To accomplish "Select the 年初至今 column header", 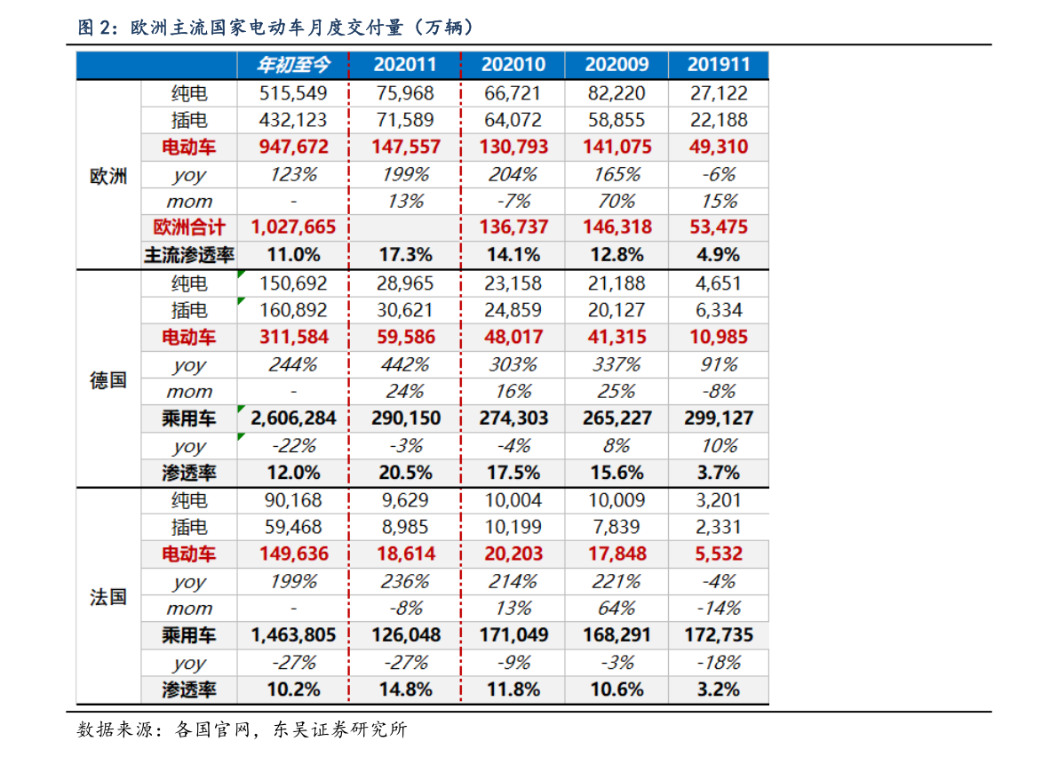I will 293,65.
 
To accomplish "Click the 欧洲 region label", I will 108,176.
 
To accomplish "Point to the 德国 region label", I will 108,380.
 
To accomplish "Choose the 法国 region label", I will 108,597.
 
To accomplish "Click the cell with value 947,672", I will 293,147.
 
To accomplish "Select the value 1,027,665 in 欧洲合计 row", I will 293,227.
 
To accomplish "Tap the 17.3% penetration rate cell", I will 405,255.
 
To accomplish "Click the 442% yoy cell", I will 405,364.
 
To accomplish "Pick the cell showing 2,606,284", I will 293,418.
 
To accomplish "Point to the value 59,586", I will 405,338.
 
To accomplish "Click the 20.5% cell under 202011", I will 405,473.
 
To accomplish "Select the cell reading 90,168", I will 293,500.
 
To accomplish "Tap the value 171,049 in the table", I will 513,635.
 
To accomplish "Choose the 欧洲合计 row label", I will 189,227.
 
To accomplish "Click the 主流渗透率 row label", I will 189,255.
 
